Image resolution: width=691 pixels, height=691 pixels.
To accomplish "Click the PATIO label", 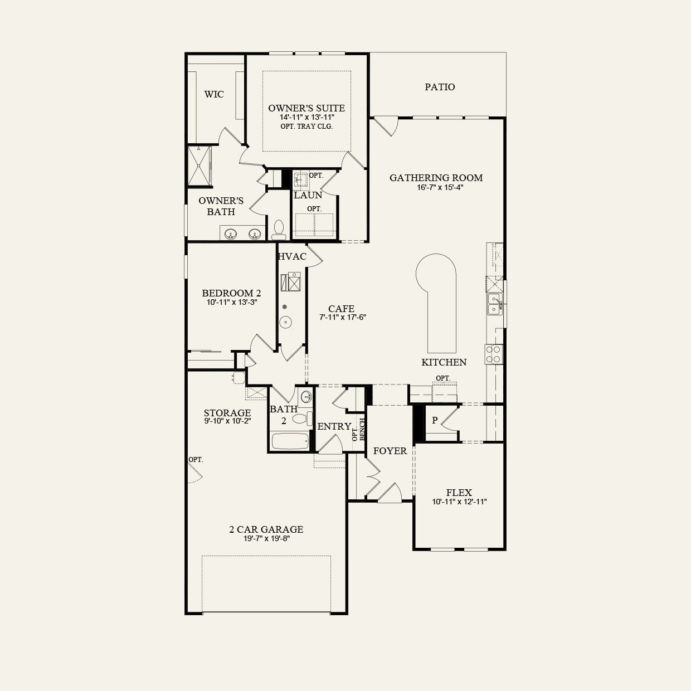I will [x=440, y=87].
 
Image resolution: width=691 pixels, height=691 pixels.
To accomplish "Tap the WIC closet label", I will [x=214, y=94].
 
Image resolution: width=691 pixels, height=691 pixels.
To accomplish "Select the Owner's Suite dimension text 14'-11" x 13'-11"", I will [x=306, y=118].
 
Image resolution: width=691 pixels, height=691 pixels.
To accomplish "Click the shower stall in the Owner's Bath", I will [x=199, y=166].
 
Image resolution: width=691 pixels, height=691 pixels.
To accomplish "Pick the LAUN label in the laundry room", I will [x=308, y=195].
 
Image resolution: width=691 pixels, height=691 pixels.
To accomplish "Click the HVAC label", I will [x=292, y=256].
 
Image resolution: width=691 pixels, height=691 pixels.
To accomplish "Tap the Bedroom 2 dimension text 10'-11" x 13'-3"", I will [x=231, y=303].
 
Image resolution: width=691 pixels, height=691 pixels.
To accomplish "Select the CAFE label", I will [x=341, y=309].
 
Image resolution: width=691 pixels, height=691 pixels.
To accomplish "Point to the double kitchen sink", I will [x=494, y=304].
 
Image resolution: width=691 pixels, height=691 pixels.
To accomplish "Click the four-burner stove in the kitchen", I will [x=494, y=354].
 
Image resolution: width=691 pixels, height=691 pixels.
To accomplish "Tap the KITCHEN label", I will [x=444, y=362].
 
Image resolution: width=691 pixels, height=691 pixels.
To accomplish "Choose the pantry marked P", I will [x=435, y=421].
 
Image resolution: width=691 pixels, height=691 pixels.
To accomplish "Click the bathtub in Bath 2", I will [x=289, y=441].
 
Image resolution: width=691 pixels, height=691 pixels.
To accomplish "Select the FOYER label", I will [x=390, y=451].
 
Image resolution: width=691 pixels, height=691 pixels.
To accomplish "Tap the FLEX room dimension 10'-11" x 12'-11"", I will [x=459, y=502].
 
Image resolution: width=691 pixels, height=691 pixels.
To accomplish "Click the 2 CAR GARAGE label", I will [x=266, y=529].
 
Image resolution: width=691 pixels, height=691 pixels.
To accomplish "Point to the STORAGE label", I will [x=227, y=413].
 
